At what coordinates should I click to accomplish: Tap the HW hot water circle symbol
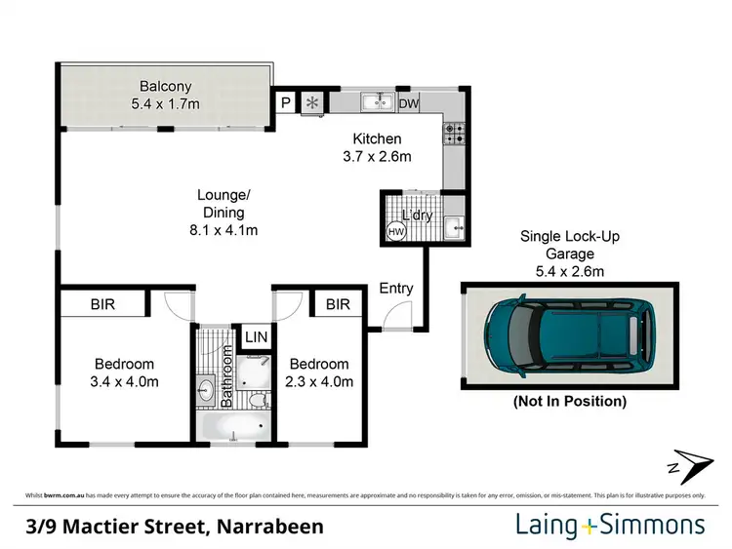pyautogui.click(x=395, y=232)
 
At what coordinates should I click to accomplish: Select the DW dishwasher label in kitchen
pyautogui.click(x=409, y=101)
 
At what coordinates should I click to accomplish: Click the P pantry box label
pyautogui.click(x=287, y=101)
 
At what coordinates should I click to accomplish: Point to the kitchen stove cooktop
pyautogui.click(x=453, y=133)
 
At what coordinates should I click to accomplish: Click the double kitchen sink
pyautogui.click(x=375, y=101)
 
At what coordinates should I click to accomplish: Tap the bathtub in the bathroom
pyautogui.click(x=232, y=427)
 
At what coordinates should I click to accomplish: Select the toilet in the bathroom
pyautogui.click(x=257, y=399)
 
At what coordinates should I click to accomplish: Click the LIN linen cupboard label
pyautogui.click(x=256, y=336)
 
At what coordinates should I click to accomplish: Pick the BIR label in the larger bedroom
pyautogui.click(x=103, y=304)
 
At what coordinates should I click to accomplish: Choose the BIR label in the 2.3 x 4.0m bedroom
pyautogui.click(x=338, y=304)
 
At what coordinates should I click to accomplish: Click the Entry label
pyautogui.click(x=397, y=289)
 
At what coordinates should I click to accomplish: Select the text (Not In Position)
pyautogui.click(x=570, y=401)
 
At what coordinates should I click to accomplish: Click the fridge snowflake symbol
pyautogui.click(x=312, y=101)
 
